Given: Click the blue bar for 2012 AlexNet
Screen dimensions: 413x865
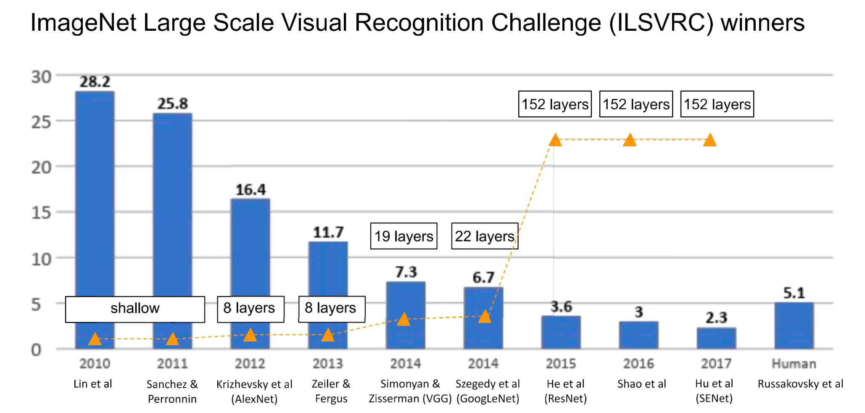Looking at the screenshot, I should pos(250,252).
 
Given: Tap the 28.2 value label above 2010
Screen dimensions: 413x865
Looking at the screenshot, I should pos(95,82).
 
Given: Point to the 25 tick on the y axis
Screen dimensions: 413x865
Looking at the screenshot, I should pos(41,122).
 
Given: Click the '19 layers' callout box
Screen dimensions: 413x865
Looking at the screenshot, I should pos(403,236).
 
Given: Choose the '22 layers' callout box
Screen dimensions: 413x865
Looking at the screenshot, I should pos(485,236).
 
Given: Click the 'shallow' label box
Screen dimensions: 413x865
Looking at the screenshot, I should pos(135,309).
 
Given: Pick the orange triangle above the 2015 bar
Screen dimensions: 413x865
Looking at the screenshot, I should pos(555,140).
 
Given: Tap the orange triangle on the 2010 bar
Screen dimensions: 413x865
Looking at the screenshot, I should pos(95,339).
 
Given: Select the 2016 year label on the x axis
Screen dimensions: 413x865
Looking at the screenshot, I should pos(638,364).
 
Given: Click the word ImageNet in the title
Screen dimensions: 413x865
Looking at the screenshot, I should pos(83,23).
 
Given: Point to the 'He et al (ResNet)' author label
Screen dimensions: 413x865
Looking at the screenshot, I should pos(565,391).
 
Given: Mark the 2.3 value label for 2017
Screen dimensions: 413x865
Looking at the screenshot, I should pos(716,318).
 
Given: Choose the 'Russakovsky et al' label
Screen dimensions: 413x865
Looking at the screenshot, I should pos(800,384).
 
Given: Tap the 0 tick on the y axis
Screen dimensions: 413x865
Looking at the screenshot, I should pos(37,350).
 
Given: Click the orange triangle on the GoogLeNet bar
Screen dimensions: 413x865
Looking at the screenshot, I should pos(485,317).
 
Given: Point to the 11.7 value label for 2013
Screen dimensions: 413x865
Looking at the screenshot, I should pos(328,233).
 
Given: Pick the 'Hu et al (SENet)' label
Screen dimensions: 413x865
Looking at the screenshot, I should pos(714,391).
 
